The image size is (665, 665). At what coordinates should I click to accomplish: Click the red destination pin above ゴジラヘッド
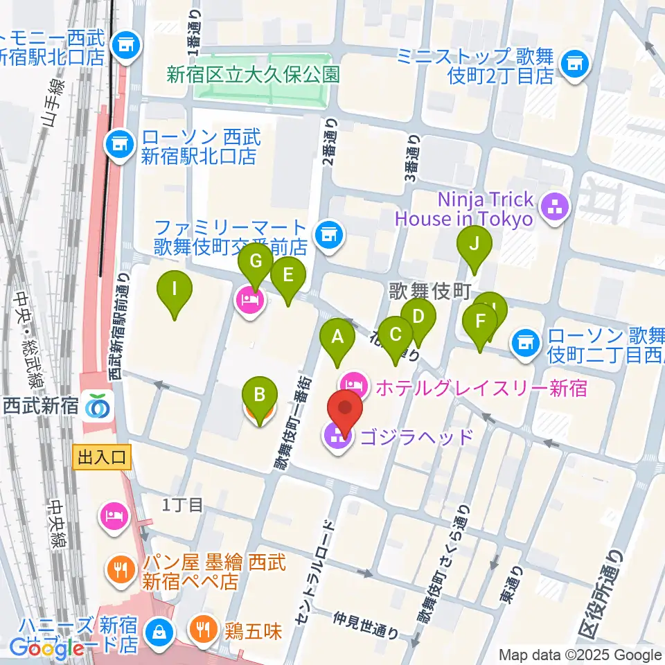346,409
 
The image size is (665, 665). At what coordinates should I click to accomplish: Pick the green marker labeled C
396,335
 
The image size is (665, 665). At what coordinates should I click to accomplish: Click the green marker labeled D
418,317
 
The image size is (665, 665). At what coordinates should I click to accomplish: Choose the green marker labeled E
287,274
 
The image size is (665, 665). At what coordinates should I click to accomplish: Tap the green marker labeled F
480,321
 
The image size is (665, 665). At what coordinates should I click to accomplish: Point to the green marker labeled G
255,262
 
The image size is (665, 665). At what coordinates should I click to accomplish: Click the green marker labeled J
474,244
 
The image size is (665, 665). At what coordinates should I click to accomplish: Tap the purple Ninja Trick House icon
554,205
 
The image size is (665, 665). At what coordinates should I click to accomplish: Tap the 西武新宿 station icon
96,406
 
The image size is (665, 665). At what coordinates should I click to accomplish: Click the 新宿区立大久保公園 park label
254,74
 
